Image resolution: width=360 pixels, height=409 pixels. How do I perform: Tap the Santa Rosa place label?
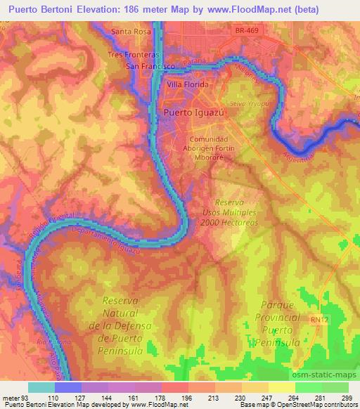tap(131, 32)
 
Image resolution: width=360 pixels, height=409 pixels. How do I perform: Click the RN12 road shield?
tap(320, 319)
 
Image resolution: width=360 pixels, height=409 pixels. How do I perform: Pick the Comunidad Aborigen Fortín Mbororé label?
tap(204, 148)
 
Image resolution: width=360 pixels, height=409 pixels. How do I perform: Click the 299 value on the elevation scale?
tap(347, 397)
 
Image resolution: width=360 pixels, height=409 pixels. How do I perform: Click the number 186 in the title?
tap(136, 9)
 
